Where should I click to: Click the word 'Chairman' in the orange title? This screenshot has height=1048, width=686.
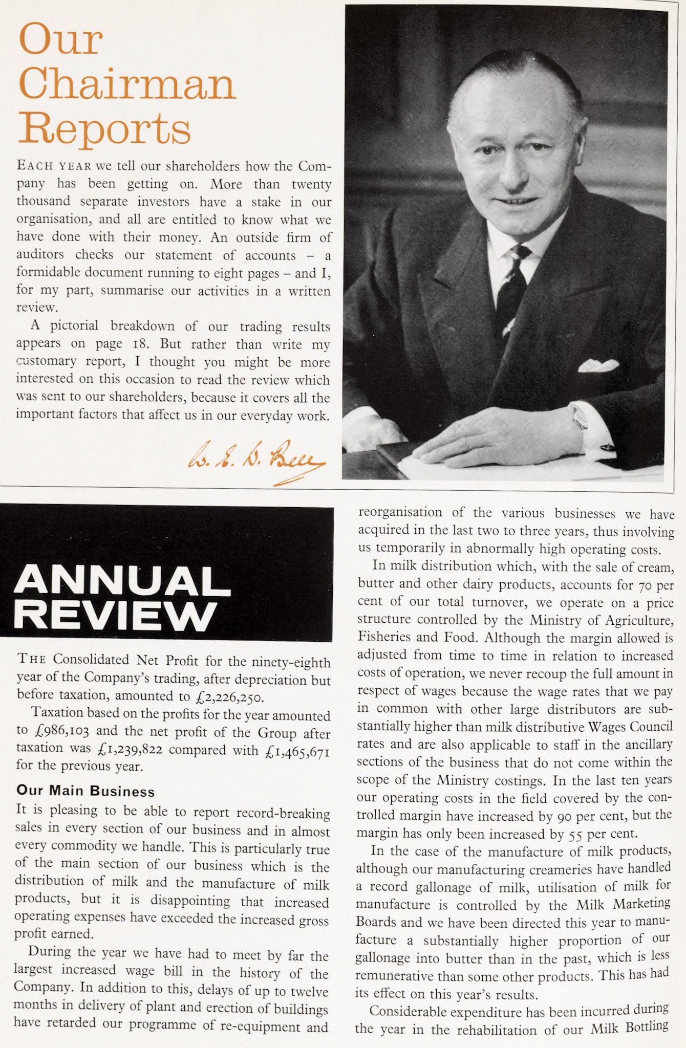click(127, 83)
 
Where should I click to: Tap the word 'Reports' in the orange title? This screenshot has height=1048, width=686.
click(105, 128)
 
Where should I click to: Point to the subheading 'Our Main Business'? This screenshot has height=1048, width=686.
click(85, 791)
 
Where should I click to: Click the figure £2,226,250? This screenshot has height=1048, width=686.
click(229, 696)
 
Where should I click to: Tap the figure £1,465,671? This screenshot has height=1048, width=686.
click(298, 751)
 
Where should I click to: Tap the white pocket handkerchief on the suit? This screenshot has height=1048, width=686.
click(598, 365)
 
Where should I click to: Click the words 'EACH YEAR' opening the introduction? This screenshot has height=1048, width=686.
click(54, 166)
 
